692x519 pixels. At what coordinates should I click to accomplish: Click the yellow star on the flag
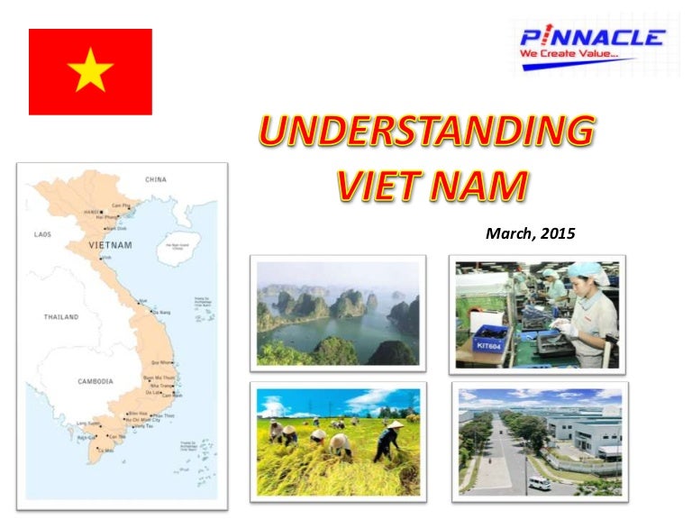point(90,71)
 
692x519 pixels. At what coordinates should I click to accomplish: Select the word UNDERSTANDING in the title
point(427,132)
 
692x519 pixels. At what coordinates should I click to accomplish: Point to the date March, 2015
point(530,233)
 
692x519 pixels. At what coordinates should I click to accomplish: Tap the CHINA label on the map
point(156,179)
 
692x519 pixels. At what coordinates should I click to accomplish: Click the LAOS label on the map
point(42,234)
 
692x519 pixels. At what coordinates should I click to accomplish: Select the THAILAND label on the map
point(61,317)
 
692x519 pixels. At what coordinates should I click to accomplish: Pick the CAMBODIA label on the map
point(95,381)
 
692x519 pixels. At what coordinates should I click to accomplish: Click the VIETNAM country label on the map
point(110,245)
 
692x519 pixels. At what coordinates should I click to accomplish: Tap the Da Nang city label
point(161,312)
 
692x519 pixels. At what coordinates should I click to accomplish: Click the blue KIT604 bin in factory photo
point(492,341)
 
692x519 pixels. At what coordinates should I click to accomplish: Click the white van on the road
point(540,484)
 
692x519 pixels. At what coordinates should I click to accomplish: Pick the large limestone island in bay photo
point(347,305)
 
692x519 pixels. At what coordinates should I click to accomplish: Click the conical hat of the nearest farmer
point(341,441)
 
